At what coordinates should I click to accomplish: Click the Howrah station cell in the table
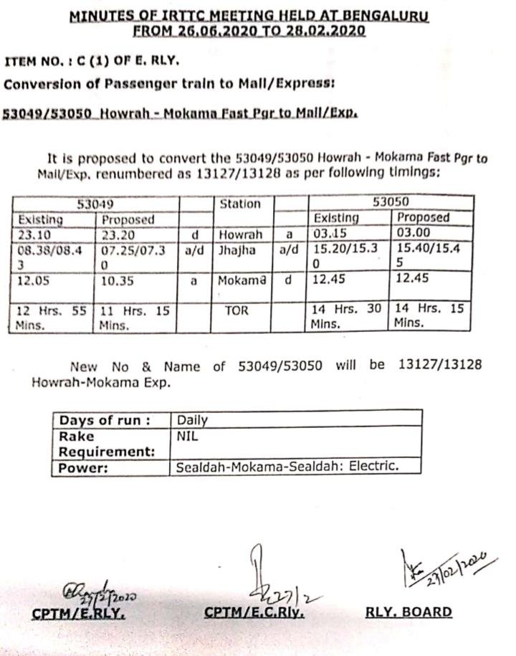(241, 234)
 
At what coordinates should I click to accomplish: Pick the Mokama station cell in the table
(242, 280)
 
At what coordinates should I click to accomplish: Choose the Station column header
(240, 204)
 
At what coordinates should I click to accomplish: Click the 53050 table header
(391, 203)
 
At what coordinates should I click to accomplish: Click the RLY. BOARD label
(408, 612)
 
